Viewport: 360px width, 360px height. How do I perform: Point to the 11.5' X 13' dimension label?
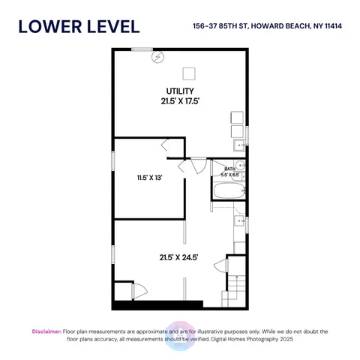[149, 178]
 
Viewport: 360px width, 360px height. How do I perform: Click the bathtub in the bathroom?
[227, 192]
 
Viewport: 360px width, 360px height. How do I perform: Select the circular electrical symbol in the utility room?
[158, 56]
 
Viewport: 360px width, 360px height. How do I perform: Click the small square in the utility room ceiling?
[190, 73]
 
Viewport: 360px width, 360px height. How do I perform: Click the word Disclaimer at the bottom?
[46, 331]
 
